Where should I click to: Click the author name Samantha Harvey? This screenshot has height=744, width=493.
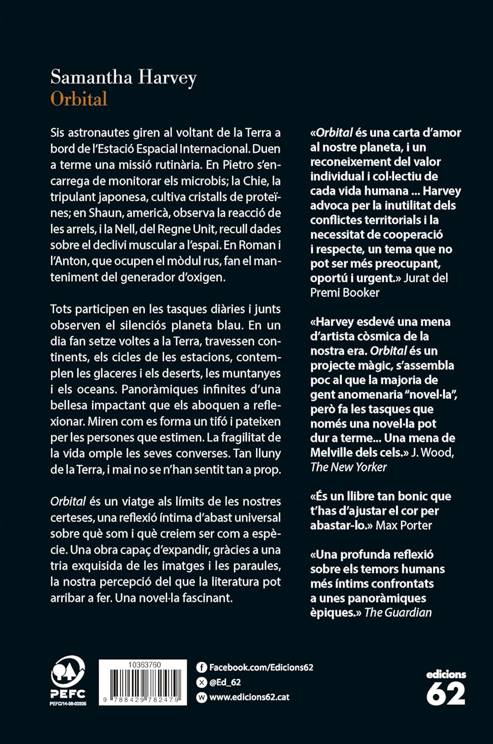point(124,78)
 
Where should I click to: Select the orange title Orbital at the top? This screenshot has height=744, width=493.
point(79,99)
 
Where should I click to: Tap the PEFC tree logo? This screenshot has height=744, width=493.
point(68,673)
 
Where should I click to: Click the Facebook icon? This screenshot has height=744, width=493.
point(202,668)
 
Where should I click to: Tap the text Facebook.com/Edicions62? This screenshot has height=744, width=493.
point(261,668)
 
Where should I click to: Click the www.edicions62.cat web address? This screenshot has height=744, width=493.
point(249,697)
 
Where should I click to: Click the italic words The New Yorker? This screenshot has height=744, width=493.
point(349,467)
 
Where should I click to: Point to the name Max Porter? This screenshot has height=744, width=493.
point(404,525)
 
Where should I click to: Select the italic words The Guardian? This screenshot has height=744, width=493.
point(398,613)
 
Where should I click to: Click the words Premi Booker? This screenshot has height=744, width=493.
point(345,293)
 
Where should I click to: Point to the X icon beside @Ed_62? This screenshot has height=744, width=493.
point(202,682)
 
